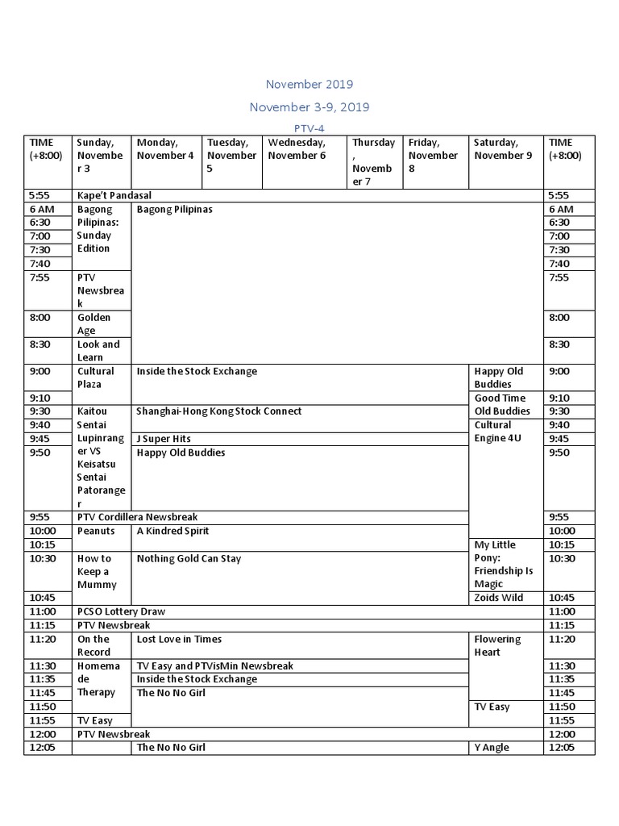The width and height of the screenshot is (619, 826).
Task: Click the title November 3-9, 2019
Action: point(309,106)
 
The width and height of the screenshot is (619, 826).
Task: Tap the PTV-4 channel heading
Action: point(309,127)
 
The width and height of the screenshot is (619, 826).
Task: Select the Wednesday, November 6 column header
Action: point(297,149)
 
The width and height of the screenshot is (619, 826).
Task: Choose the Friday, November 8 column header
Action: point(433,156)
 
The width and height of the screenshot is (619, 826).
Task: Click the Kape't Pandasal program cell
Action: point(114,195)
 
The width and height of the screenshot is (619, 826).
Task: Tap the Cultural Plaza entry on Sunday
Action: point(96,378)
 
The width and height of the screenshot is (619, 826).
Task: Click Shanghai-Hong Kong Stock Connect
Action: point(219,411)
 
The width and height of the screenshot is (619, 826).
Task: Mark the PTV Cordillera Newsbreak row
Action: point(138,517)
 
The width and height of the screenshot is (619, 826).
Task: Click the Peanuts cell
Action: point(96,531)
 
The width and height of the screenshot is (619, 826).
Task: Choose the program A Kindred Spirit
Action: point(173,531)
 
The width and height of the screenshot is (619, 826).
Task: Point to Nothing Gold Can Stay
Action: point(189,558)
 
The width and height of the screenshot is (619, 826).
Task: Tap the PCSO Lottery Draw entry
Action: point(122,612)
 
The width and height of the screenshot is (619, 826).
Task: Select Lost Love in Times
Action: point(179,639)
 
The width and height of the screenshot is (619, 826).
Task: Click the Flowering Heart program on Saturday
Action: point(498,645)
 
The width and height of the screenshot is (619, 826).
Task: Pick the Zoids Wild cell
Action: point(499,598)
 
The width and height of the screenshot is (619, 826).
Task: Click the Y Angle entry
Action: point(492,748)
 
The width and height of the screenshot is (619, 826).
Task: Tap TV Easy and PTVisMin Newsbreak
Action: point(215,666)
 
